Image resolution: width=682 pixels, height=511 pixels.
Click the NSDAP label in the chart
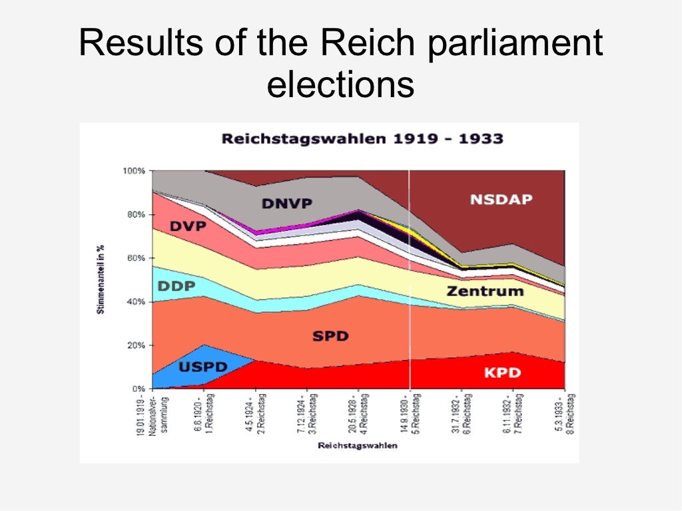[501, 199]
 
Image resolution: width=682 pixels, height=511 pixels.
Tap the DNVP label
[287, 204]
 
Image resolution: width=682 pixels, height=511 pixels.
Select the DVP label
[188, 226]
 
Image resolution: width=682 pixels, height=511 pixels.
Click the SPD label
[330, 336]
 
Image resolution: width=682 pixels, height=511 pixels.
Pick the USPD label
[203, 367]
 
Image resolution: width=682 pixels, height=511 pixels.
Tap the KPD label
[502, 373]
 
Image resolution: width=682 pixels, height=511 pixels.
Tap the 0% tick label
[138, 388]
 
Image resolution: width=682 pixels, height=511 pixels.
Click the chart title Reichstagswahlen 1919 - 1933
[362, 139]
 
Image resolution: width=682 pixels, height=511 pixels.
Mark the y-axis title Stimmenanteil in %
[101, 279]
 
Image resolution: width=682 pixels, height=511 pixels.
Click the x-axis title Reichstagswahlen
[358, 445]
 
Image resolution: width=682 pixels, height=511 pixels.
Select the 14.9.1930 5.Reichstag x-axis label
[410, 413]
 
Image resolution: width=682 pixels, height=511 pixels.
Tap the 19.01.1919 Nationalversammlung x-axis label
[157, 417]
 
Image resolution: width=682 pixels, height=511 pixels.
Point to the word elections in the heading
[340, 85]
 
